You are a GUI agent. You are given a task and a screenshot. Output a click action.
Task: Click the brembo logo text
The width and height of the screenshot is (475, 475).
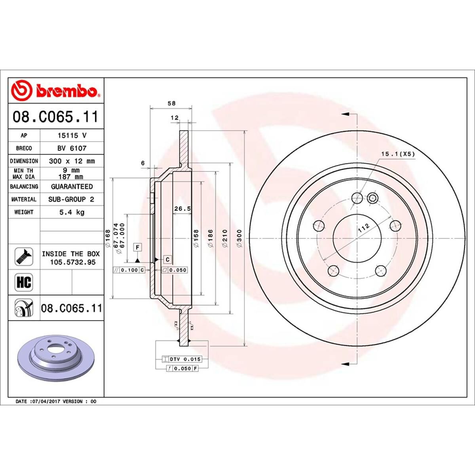click(66, 91)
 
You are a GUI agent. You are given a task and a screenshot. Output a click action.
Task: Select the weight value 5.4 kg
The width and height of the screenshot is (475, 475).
click(72, 212)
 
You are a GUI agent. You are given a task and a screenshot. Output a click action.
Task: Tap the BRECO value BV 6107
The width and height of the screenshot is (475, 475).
click(72, 148)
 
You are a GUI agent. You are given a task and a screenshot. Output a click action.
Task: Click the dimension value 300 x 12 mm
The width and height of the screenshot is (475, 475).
click(72, 161)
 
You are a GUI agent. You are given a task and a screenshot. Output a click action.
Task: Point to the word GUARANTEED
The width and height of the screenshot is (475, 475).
click(72, 186)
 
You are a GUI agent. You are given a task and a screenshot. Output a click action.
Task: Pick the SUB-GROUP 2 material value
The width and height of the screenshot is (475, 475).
click(72, 199)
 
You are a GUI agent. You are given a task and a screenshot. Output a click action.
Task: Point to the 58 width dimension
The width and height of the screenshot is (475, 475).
click(171, 103)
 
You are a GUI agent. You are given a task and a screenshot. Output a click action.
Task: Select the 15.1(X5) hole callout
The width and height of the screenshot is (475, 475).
click(397, 154)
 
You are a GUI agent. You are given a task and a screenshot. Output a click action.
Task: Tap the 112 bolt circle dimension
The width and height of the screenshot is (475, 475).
click(363, 227)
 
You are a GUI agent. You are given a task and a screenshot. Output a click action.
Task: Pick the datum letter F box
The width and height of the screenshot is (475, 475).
click(138, 247)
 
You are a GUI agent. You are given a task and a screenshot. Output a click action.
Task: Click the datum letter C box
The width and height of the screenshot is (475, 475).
click(167, 259)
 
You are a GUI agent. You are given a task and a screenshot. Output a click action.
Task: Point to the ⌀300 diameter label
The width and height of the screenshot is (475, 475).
click(238, 239)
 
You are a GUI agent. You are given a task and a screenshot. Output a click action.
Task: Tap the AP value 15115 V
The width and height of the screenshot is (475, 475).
click(72, 135)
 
